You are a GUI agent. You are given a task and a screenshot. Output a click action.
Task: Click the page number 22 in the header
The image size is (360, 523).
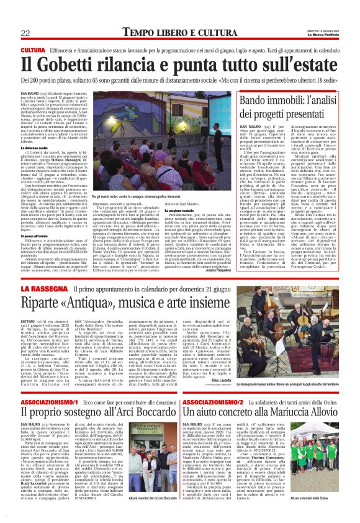click(25, 32)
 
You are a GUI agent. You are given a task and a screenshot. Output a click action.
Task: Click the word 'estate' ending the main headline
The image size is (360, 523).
click(313, 64)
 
